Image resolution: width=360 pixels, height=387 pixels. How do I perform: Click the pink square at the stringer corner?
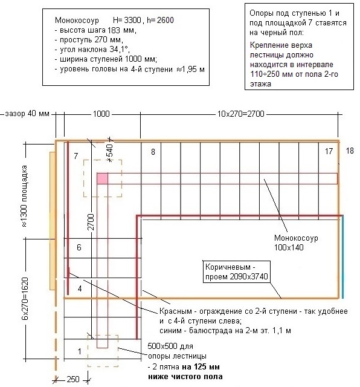[102, 178]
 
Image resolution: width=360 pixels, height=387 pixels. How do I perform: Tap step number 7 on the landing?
[76, 156]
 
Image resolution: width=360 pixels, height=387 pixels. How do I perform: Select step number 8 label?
[153, 152]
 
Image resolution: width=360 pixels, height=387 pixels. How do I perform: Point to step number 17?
[329, 151]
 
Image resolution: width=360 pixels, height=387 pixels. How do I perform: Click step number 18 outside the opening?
[350, 151]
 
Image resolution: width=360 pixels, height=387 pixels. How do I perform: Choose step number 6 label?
[79, 247]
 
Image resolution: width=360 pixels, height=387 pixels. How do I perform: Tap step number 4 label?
[79, 288]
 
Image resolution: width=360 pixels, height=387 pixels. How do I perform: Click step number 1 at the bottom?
[79, 351]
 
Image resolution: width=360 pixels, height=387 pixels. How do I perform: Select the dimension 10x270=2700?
[240, 114]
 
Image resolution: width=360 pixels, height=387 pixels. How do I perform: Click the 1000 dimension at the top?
[101, 114]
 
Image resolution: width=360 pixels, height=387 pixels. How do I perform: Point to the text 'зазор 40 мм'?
[27, 114]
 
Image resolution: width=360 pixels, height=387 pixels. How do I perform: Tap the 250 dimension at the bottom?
[73, 379]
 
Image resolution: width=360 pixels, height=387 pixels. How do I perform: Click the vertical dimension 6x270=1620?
[25, 299]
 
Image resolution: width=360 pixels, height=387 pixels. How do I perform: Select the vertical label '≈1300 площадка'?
[24, 196]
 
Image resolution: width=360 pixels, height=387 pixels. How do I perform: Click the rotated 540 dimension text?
[110, 151]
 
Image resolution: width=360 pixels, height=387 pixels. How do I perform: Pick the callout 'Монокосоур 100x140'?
[296, 242]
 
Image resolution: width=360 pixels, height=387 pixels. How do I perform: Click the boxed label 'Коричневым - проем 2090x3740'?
[236, 272]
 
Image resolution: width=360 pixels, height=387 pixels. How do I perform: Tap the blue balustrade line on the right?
[342, 256]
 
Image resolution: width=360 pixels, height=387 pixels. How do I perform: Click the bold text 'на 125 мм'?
[201, 367]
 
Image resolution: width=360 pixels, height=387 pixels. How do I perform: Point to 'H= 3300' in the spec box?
[127, 20]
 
